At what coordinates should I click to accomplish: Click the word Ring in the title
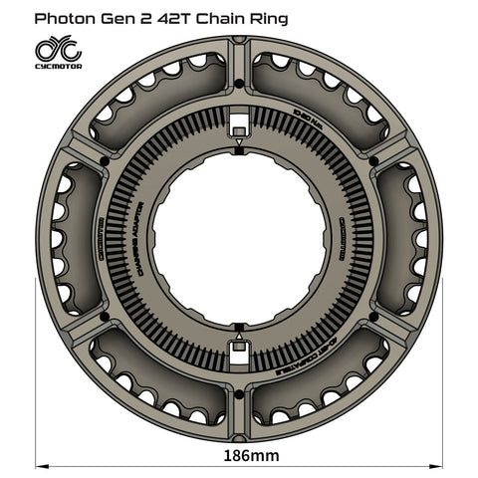click(266, 17)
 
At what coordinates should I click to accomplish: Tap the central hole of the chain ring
click(239, 235)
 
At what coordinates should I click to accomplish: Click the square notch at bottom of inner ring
click(239, 348)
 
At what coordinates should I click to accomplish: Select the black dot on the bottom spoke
click(239, 393)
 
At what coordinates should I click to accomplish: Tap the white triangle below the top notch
click(239, 145)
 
